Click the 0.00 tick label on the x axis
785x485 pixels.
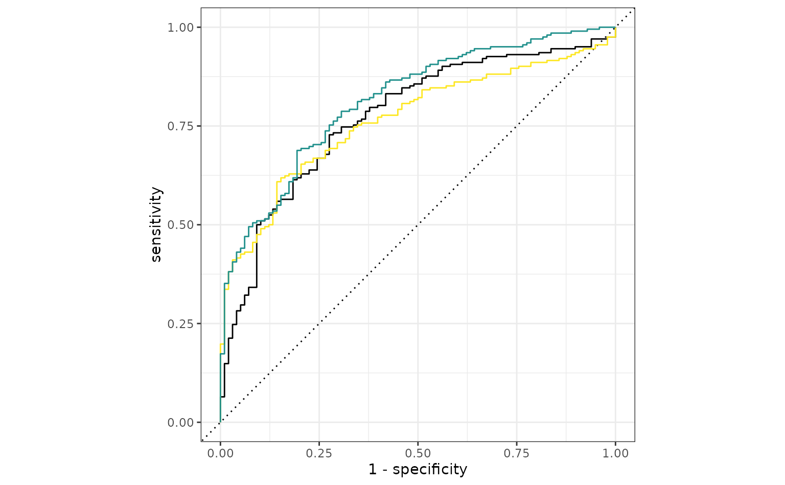[x=220, y=453]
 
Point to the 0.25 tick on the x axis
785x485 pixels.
[x=319, y=453]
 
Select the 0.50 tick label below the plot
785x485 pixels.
[x=418, y=453]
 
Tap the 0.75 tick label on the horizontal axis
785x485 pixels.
[x=517, y=453]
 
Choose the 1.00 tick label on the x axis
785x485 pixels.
[x=615, y=453]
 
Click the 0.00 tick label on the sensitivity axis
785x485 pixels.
[x=181, y=422]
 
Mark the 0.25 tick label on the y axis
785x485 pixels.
[x=181, y=324]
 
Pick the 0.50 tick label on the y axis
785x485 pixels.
[x=181, y=225]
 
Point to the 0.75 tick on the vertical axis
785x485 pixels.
[x=181, y=126]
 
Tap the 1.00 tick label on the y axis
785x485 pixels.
[x=181, y=27]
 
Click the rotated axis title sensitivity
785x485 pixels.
[x=156, y=224]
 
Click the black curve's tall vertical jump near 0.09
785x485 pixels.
[x=257, y=256]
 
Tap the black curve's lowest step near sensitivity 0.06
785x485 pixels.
[x=223, y=397]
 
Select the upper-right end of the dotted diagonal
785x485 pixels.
[x=633, y=10]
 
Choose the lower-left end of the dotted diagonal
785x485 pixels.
[x=203, y=440]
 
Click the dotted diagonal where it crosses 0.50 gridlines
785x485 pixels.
[x=418, y=225]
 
